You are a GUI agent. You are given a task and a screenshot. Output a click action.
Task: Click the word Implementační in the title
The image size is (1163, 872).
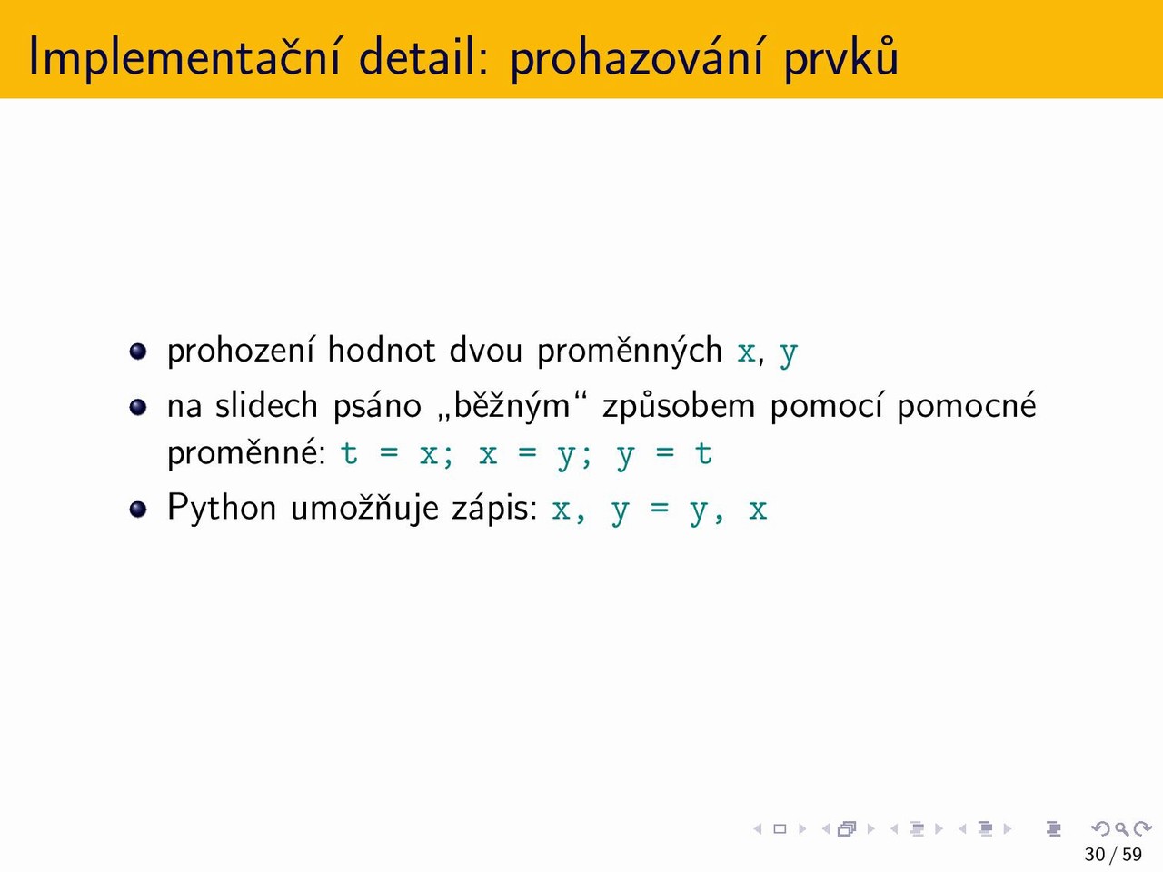(x=184, y=57)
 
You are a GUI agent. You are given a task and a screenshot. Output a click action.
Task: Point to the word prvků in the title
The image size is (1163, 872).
(x=840, y=57)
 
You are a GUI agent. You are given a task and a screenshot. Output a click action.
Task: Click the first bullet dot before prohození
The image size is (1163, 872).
(x=138, y=352)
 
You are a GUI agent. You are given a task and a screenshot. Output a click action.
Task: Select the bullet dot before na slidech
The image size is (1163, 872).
(x=138, y=407)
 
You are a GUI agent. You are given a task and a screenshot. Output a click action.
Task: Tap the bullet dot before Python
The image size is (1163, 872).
(x=138, y=509)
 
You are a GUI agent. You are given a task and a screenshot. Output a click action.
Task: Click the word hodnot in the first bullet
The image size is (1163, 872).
(x=382, y=350)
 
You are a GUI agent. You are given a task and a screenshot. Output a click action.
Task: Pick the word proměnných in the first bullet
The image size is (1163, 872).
(x=630, y=352)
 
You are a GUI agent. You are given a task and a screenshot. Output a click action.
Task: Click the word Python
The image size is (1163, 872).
(x=222, y=509)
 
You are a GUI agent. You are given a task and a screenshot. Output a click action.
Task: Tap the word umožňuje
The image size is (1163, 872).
(x=364, y=510)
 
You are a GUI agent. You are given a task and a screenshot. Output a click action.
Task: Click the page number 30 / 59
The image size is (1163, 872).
(x=1113, y=854)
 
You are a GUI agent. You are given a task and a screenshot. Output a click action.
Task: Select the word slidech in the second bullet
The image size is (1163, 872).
(x=266, y=405)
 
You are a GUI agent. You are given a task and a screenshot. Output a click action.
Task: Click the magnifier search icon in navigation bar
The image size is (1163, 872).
(x=1121, y=828)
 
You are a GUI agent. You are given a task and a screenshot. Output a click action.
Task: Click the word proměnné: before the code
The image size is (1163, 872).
(x=247, y=454)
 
